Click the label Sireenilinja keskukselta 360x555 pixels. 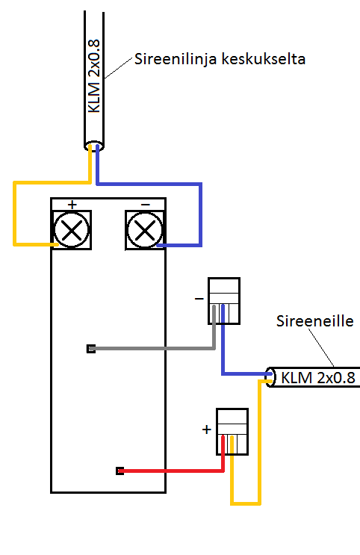220,59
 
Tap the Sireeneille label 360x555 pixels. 314,321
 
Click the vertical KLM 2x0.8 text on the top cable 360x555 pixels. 94,76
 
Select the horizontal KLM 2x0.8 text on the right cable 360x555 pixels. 318,378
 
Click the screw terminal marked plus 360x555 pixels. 72,230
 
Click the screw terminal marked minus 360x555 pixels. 145,230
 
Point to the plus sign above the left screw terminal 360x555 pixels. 72,205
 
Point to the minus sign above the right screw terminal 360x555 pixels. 146,205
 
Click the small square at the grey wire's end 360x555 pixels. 91,349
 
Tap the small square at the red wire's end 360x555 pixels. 120,471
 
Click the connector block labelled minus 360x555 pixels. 224,301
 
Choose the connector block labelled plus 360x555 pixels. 232,432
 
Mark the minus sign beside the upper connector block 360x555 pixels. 199,299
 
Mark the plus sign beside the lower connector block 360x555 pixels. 207,430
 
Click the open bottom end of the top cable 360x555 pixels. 94,146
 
